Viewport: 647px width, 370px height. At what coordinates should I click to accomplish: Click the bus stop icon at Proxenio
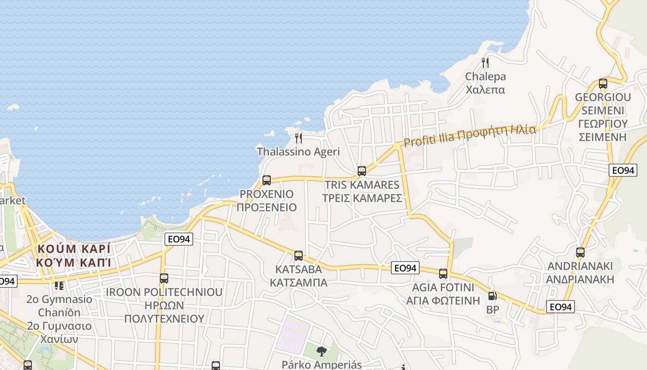267,180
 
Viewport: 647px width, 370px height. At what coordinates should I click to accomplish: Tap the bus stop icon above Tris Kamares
362,171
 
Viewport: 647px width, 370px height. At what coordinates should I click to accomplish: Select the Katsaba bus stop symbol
299,255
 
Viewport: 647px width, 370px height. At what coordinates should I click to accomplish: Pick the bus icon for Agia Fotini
443,273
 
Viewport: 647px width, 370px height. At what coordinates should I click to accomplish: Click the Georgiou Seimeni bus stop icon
603,84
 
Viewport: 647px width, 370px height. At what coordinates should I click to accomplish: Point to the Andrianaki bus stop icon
580,253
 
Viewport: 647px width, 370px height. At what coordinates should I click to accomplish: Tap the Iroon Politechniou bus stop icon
164,278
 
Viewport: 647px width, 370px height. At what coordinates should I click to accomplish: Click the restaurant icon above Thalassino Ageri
299,138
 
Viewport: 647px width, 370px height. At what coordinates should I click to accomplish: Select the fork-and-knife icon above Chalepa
485,63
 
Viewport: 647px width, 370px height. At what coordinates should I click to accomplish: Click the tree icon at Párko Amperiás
321,351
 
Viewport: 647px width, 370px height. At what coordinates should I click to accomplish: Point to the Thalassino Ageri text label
298,152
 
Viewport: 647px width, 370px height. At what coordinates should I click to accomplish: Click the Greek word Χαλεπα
485,90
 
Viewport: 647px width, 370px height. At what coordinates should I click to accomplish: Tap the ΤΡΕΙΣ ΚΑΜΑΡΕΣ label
362,198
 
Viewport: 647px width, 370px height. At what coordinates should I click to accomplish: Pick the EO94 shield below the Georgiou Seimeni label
623,170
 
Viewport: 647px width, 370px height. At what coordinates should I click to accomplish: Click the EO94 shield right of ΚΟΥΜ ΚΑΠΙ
179,239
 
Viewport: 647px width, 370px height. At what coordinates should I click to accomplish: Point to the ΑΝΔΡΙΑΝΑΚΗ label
580,279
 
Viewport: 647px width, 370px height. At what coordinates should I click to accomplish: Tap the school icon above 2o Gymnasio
59,286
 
